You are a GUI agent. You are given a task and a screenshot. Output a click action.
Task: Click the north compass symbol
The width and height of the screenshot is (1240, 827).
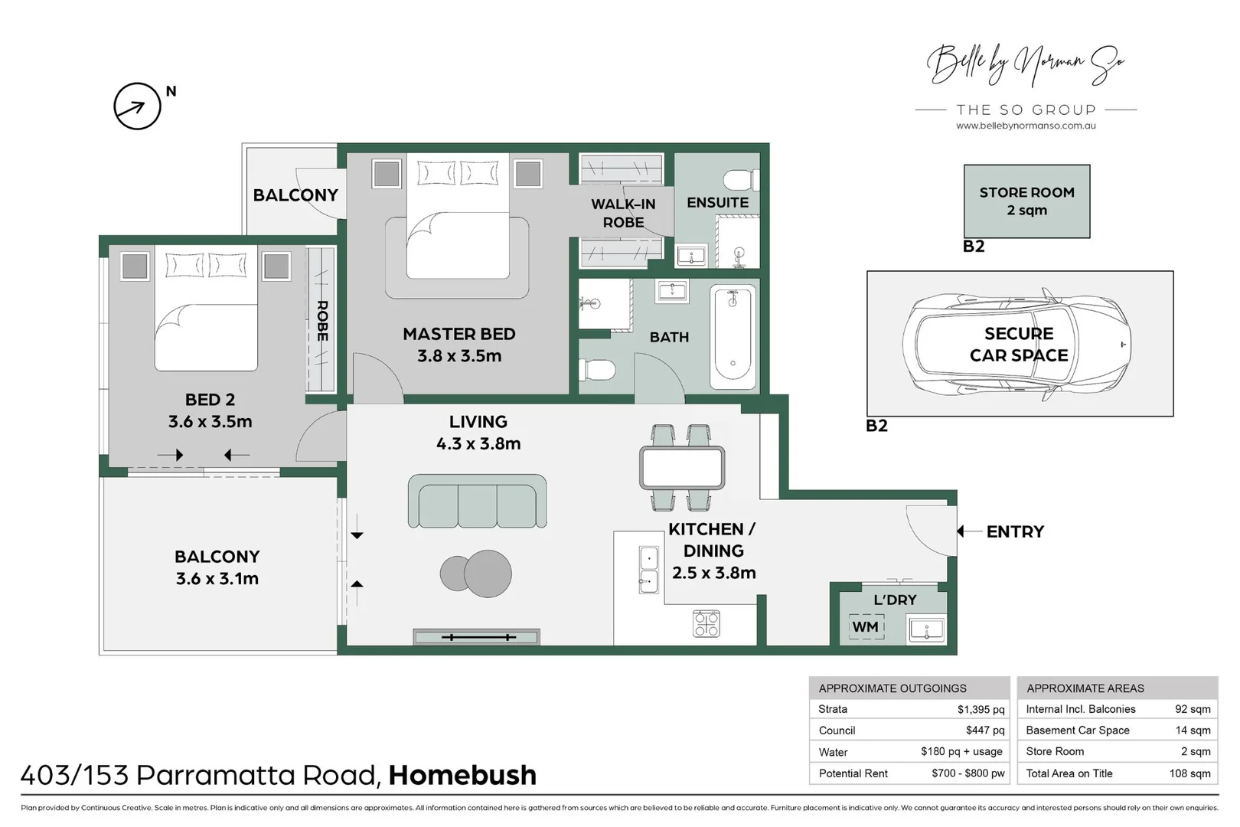[x=137, y=106]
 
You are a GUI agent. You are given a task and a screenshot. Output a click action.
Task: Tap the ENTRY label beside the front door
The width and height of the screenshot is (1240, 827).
[x=1015, y=531]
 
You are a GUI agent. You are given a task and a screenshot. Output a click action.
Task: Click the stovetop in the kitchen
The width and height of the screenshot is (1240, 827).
[x=706, y=624]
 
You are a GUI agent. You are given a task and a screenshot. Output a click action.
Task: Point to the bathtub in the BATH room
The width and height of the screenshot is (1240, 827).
[x=733, y=337]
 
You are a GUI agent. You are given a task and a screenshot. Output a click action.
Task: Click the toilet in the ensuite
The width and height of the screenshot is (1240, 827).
[x=742, y=180]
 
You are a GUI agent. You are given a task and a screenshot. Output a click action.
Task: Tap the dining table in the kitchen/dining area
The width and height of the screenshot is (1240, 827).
[x=682, y=469]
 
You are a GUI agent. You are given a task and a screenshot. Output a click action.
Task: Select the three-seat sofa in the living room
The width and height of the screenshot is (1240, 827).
[x=477, y=502]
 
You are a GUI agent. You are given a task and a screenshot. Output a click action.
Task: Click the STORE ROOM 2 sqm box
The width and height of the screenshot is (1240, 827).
[x=1027, y=201]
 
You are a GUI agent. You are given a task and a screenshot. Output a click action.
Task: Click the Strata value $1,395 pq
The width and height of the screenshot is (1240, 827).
[x=981, y=710]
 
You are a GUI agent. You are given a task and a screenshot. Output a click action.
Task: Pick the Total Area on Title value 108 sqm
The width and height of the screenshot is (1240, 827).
[x=1189, y=774]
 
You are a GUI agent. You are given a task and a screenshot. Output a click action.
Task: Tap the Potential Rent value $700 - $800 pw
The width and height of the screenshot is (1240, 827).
[x=968, y=774]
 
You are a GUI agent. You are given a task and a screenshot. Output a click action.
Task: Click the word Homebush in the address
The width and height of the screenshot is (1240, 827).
[x=463, y=775]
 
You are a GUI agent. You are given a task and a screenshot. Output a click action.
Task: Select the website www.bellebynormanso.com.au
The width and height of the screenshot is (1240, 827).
[x=1026, y=126]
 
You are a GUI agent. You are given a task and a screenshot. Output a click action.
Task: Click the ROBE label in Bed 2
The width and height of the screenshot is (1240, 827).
[x=322, y=321]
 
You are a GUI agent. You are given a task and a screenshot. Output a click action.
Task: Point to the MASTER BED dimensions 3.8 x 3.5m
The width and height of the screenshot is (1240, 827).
[x=459, y=355]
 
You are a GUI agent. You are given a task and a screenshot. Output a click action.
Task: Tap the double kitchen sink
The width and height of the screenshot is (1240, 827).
[x=648, y=570]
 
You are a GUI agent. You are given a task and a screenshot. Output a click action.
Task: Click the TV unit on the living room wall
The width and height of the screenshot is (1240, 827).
[x=477, y=637]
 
